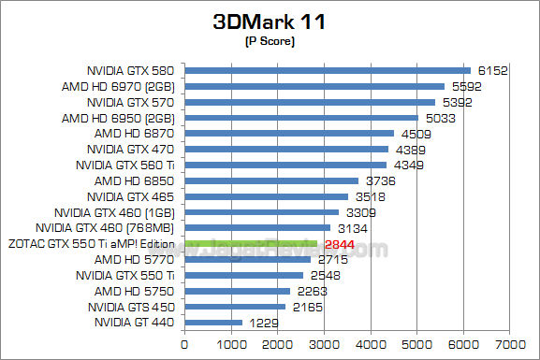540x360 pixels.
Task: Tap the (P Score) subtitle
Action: click(x=270, y=41)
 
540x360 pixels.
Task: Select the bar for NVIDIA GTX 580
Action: click(x=328, y=70)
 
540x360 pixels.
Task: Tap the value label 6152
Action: click(x=493, y=70)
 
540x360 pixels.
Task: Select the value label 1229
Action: click(x=264, y=323)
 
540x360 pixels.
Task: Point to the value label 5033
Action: click(x=441, y=118)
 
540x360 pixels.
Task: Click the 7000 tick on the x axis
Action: click(x=509, y=344)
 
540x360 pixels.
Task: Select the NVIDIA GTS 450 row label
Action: click(x=131, y=306)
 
